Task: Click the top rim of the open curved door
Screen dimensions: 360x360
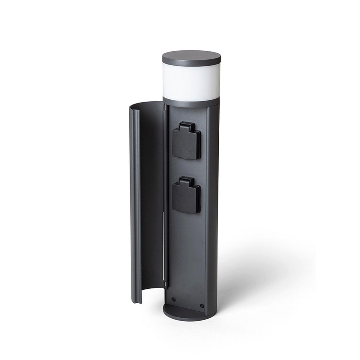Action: coord(144,107)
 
